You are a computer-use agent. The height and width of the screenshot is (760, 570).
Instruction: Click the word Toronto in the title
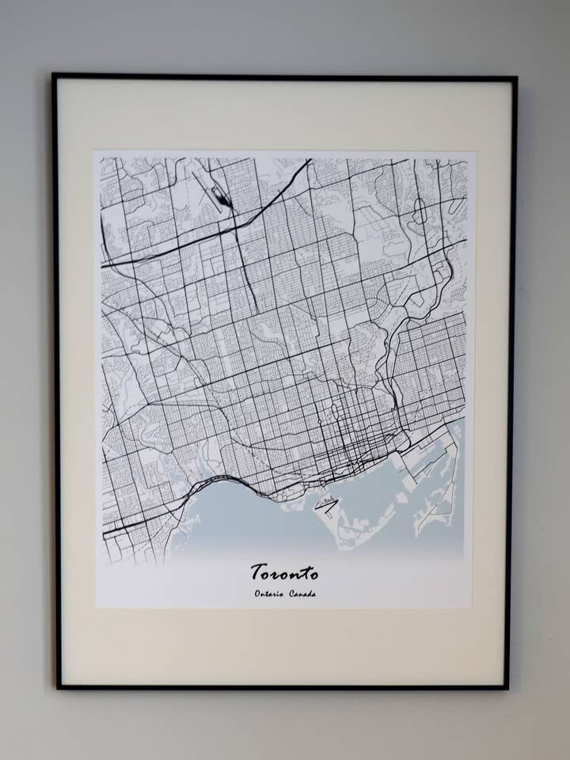click(284, 572)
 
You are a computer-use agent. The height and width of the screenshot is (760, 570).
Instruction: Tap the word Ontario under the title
click(269, 594)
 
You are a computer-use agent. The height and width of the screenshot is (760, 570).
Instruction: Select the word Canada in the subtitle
click(302, 594)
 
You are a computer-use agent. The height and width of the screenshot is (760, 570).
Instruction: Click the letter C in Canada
click(292, 594)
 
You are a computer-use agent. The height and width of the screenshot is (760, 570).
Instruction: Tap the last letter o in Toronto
click(313, 573)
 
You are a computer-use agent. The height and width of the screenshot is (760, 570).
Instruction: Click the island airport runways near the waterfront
click(326, 504)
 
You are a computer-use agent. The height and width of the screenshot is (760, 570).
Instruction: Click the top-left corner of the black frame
click(54, 76)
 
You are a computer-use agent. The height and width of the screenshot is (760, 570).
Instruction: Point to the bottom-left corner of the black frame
click(59, 686)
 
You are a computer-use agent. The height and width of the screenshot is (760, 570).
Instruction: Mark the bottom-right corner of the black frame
click(507, 688)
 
